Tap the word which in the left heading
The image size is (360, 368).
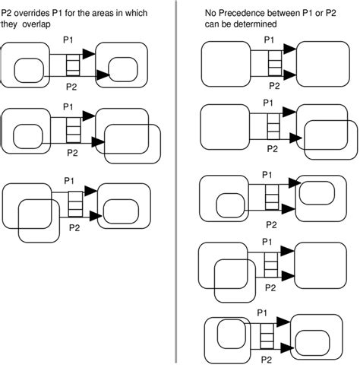point(136,13)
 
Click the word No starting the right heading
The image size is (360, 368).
point(210,13)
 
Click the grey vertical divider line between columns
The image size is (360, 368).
point(176,182)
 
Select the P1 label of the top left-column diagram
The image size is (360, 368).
point(68,40)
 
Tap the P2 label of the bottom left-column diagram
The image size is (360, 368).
point(74,228)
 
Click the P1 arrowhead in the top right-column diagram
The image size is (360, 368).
point(290,49)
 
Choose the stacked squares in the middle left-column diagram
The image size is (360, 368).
point(74,130)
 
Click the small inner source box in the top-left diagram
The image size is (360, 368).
point(29,71)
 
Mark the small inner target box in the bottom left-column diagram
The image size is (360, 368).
point(122,211)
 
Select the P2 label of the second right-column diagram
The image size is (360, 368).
point(273,148)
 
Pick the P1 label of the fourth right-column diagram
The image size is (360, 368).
point(267,242)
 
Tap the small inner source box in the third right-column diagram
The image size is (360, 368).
point(231,205)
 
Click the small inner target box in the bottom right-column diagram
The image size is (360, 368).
point(313,343)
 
